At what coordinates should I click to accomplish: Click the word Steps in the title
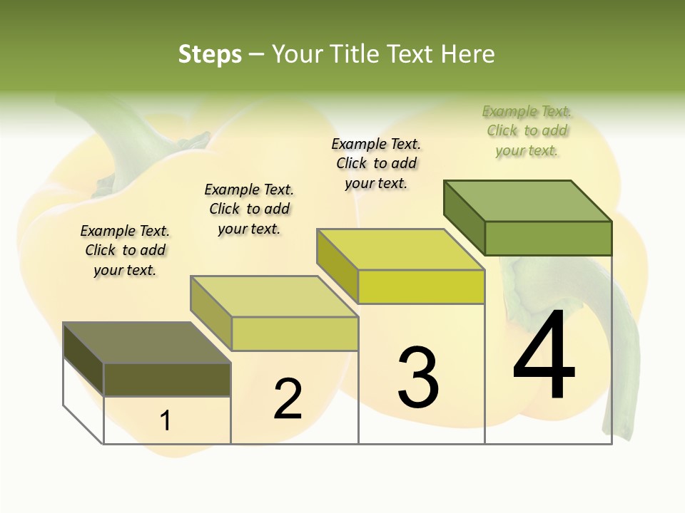click(x=210, y=54)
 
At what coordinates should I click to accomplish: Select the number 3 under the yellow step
click(x=418, y=378)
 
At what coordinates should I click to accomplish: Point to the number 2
click(x=288, y=399)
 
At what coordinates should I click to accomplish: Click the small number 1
click(x=166, y=420)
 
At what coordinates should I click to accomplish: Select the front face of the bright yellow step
click(x=421, y=286)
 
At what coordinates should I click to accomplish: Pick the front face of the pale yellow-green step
click(x=295, y=333)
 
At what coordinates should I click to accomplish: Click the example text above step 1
click(x=125, y=250)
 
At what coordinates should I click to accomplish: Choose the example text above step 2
click(x=249, y=209)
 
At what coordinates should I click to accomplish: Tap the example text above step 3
click(x=376, y=163)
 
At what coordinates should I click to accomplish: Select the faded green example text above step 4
click(x=527, y=130)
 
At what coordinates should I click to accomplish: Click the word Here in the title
click(x=468, y=54)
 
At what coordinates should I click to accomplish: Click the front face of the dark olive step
click(x=167, y=379)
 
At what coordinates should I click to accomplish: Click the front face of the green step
click(x=548, y=238)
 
